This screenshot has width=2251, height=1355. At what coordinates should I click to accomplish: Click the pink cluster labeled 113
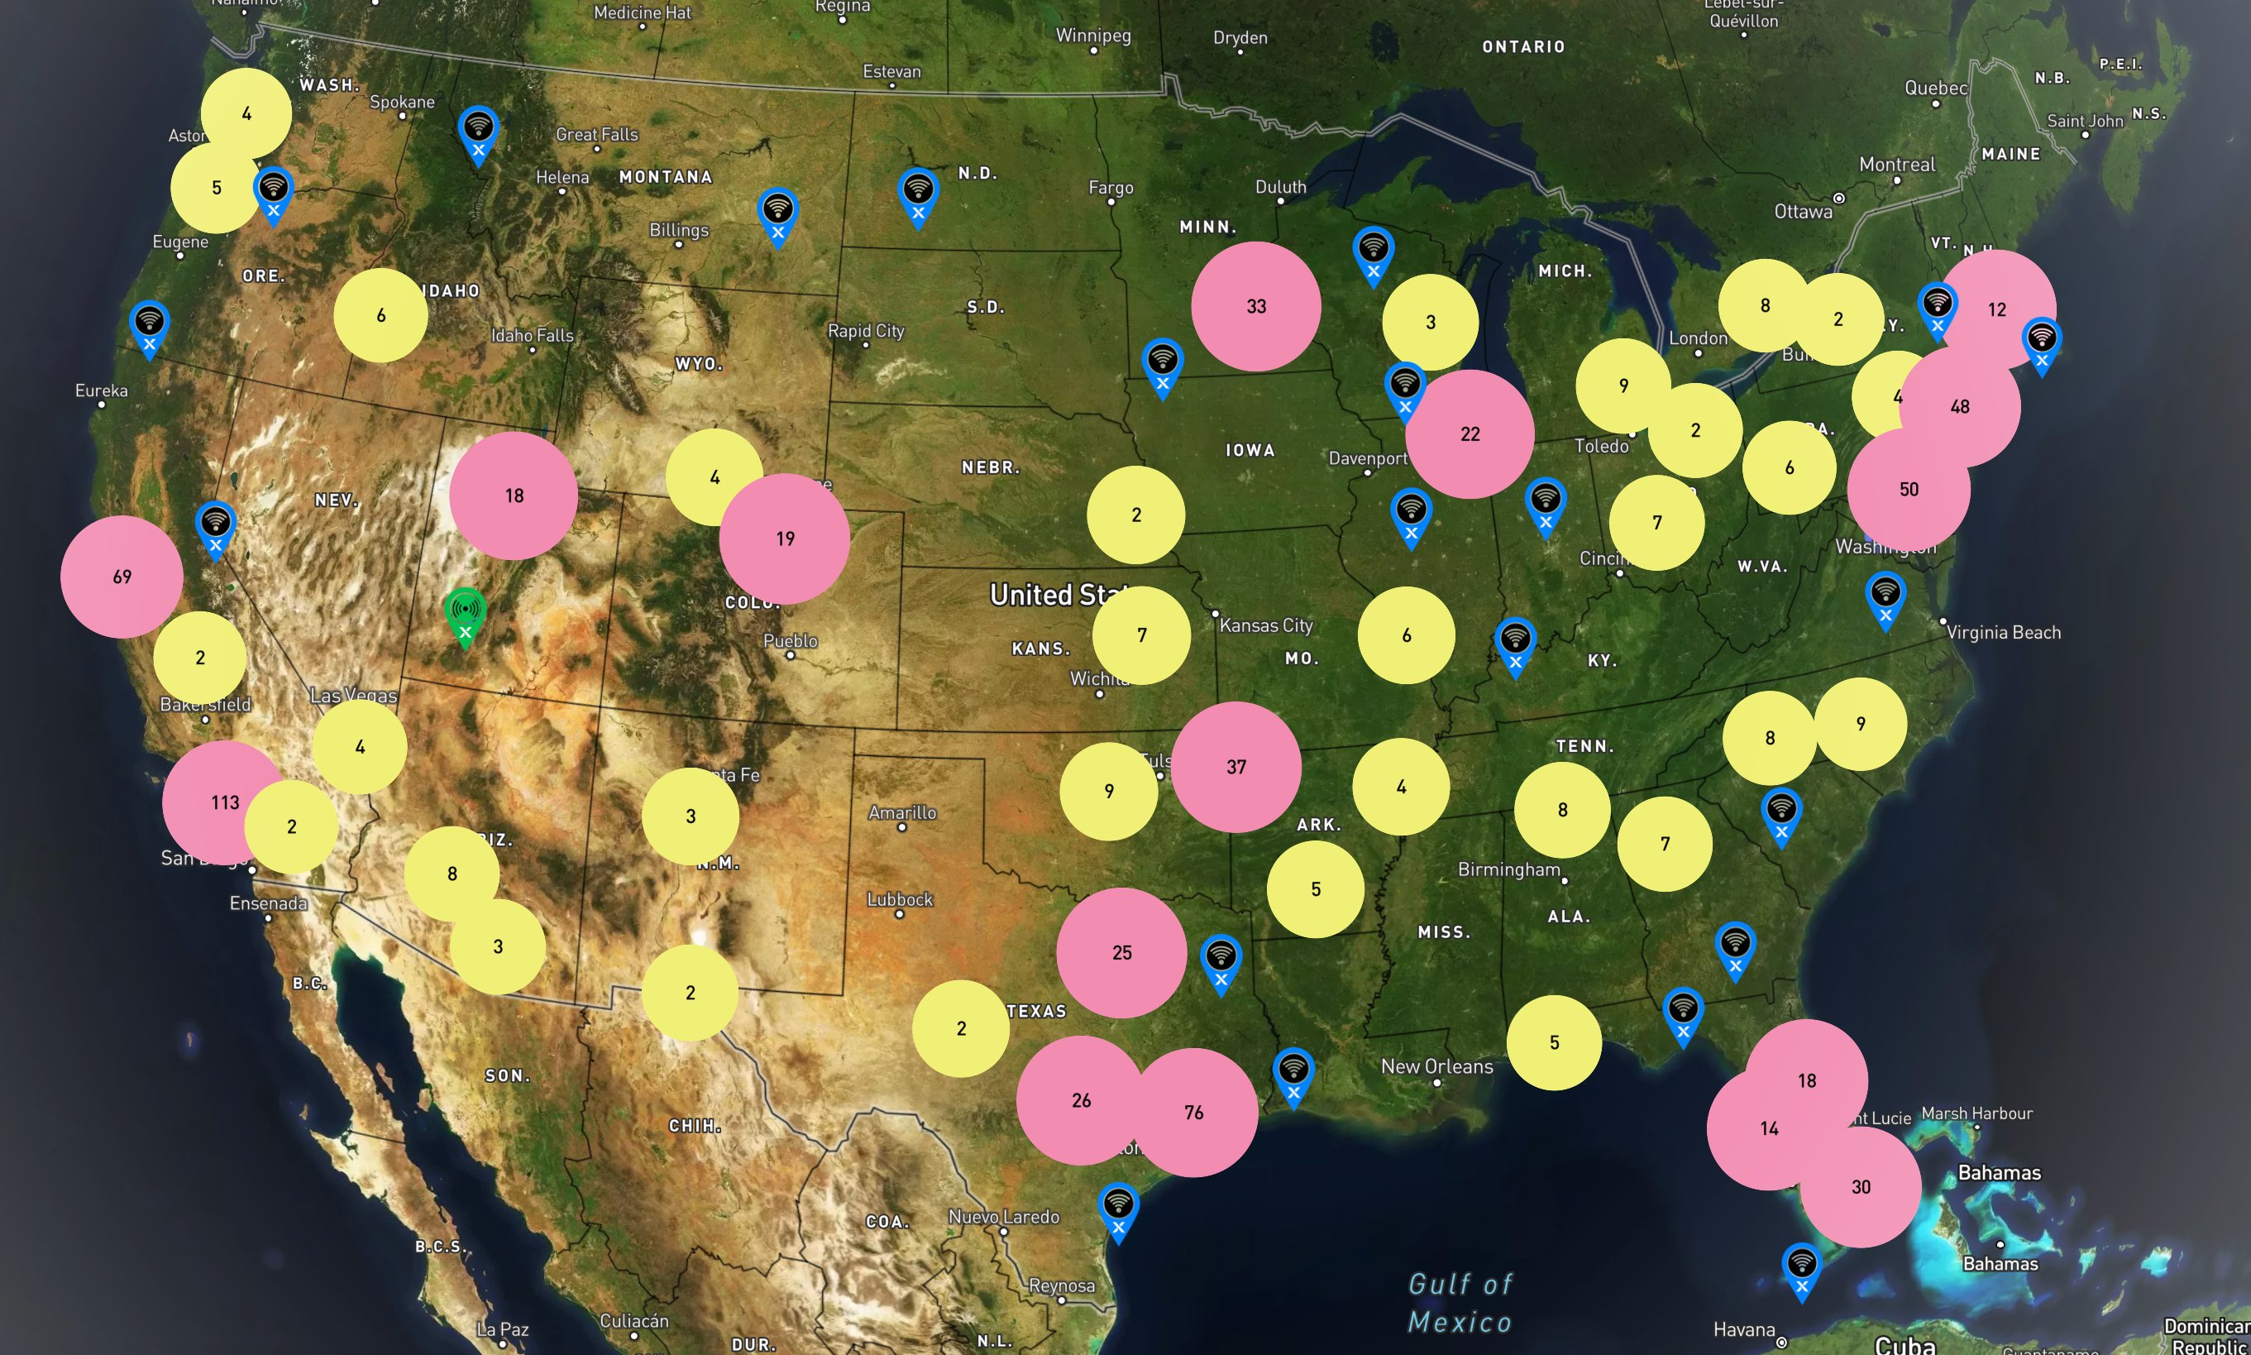(x=219, y=802)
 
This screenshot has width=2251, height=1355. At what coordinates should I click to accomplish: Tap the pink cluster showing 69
(x=122, y=576)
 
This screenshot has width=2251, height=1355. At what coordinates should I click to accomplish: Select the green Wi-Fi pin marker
(x=465, y=615)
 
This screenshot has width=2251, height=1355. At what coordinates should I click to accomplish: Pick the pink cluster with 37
(x=1236, y=767)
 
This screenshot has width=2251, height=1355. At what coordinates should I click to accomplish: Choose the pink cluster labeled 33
(x=1256, y=306)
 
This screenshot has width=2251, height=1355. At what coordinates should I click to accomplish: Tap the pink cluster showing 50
(x=1909, y=490)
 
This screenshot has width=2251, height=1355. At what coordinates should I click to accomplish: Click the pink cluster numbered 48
(x=1960, y=406)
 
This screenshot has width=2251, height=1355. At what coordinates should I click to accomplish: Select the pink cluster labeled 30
(x=1861, y=1186)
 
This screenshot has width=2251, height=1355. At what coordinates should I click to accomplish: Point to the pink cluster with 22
(x=1470, y=433)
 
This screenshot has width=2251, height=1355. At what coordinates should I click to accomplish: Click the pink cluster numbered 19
(x=785, y=539)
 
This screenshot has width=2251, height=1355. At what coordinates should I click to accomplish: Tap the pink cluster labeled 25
(x=1122, y=952)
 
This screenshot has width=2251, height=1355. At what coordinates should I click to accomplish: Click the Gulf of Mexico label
(x=1460, y=1303)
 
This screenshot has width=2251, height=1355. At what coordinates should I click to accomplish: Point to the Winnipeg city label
(x=1092, y=36)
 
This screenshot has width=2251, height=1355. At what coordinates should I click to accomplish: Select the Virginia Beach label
(x=2003, y=632)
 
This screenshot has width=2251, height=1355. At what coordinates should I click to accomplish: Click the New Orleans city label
(x=1436, y=1065)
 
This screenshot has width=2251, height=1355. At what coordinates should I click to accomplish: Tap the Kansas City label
(x=1266, y=625)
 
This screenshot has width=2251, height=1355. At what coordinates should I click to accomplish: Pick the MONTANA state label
(x=666, y=177)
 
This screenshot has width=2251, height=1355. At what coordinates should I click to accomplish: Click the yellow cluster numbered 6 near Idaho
(x=380, y=315)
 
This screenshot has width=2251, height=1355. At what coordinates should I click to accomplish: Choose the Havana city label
(x=1744, y=1329)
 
